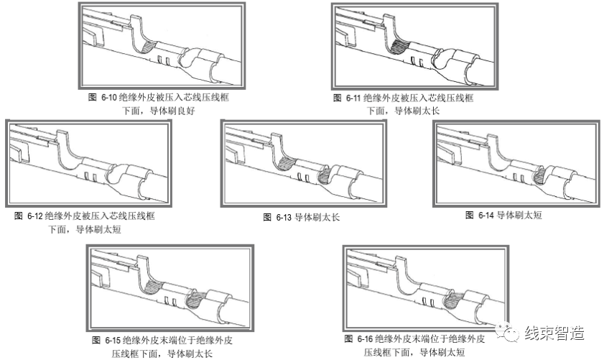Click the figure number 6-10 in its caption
[x=106, y=97]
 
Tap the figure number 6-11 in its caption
[x=351, y=97]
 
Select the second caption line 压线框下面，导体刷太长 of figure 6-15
[x=162, y=354]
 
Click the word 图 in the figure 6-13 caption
[x=267, y=216]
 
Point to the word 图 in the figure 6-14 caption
[x=469, y=215]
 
